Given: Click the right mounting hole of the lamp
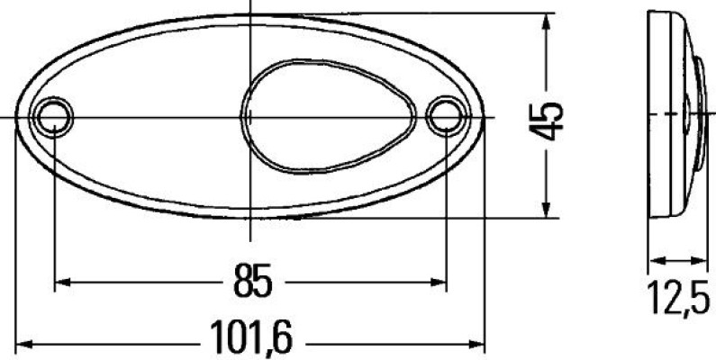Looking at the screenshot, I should click(x=445, y=114).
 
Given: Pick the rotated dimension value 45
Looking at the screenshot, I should click(x=548, y=118).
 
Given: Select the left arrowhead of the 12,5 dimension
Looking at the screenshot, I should click(x=655, y=261).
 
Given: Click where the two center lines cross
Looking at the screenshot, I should click(x=249, y=117).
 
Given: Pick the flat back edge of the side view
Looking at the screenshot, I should click(x=651, y=115).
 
